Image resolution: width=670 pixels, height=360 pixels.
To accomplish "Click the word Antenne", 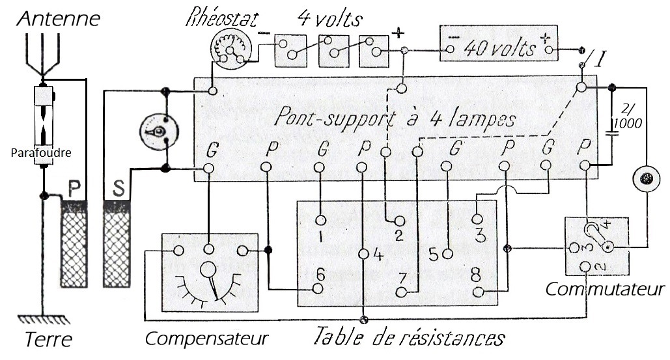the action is [59, 18].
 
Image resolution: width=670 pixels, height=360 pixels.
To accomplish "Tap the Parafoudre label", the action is [41, 152].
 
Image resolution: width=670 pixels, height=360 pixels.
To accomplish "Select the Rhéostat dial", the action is [230, 51].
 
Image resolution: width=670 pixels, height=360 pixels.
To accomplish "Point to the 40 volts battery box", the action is [499, 43].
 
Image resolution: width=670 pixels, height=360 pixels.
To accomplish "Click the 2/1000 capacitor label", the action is [627, 117].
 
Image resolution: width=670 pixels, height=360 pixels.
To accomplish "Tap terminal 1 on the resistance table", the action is [321, 221].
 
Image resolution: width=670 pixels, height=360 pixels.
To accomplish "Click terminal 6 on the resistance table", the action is [318, 288].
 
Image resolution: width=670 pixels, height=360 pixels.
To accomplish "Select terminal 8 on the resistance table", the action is [479, 292].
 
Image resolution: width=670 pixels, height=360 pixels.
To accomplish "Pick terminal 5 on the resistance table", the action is [447, 254].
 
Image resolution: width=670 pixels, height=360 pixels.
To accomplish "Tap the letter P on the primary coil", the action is [74, 188].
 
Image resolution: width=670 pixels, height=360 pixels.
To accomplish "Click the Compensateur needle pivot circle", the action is [208, 270].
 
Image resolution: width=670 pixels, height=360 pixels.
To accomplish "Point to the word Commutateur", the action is [605, 289].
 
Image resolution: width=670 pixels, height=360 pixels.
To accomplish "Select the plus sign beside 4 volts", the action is [398, 33].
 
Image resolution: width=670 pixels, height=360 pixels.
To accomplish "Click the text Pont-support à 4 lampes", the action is [395, 117].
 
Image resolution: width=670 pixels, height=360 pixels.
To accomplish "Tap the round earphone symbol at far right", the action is [647, 178].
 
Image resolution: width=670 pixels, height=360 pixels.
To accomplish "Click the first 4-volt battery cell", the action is [290, 51].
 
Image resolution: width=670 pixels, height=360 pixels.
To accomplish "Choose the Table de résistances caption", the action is [410, 337].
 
